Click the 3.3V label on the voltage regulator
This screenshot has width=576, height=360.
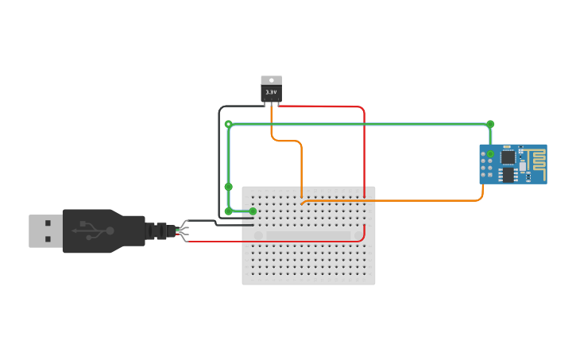click(271, 92)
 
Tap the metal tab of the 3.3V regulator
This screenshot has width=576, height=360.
click(271, 79)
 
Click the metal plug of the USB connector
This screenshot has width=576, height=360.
click(45, 230)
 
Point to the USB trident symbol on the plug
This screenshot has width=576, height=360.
click(93, 230)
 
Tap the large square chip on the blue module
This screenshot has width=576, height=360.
click(508, 157)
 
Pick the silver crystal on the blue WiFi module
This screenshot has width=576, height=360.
click(523, 166)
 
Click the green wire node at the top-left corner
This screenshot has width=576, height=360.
click(228, 124)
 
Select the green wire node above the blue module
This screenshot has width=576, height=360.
click(490, 124)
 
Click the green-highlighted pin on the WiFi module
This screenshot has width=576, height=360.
click(490, 153)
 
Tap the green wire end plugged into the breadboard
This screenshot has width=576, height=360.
click(253, 211)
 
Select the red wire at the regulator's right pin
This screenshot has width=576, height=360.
click(318, 106)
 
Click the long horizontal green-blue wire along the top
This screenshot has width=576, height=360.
click(358, 124)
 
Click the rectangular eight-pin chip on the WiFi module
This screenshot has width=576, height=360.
click(508, 175)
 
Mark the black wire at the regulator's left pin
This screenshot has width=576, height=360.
click(238, 106)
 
